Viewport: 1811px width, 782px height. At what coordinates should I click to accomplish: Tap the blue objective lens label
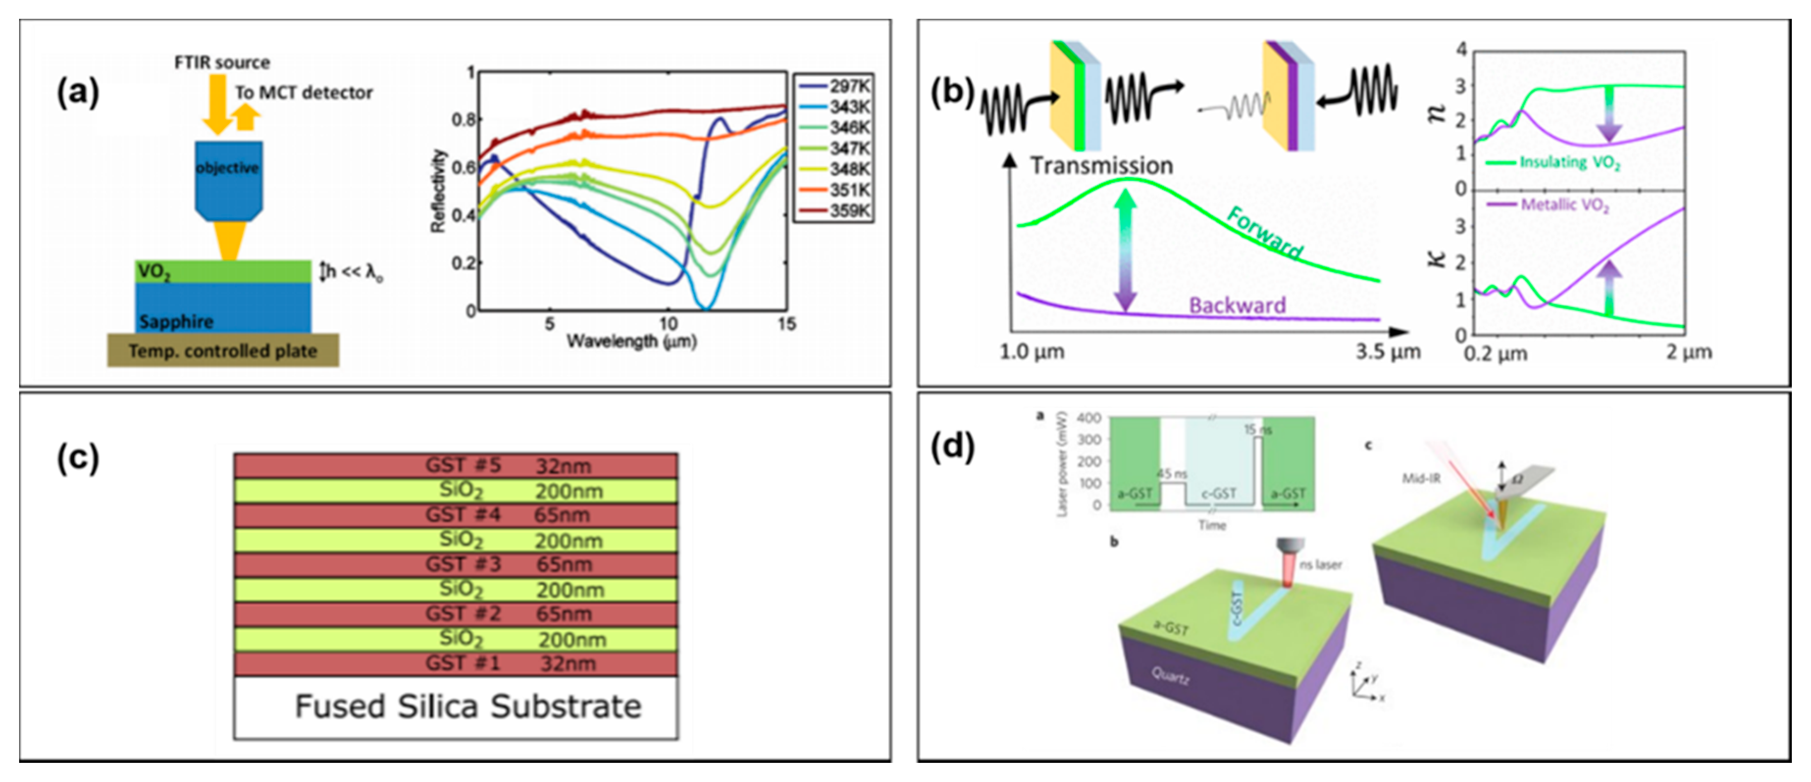227,168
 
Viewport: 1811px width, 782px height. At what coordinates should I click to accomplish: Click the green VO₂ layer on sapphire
223,271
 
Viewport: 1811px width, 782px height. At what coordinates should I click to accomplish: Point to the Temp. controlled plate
223,351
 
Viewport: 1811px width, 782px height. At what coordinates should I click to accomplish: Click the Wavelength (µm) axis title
631,342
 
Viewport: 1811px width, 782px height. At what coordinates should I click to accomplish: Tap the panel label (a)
78,93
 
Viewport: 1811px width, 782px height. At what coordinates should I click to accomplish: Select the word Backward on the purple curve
1237,305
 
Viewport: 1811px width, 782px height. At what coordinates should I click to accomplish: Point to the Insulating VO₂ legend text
1569,162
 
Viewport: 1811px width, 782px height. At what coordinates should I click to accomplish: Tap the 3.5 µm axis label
1388,352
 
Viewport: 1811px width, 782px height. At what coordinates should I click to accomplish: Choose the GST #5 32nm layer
456,465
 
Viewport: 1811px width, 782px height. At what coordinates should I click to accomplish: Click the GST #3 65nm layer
456,564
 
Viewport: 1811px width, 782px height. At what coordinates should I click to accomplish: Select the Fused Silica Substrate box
456,707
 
